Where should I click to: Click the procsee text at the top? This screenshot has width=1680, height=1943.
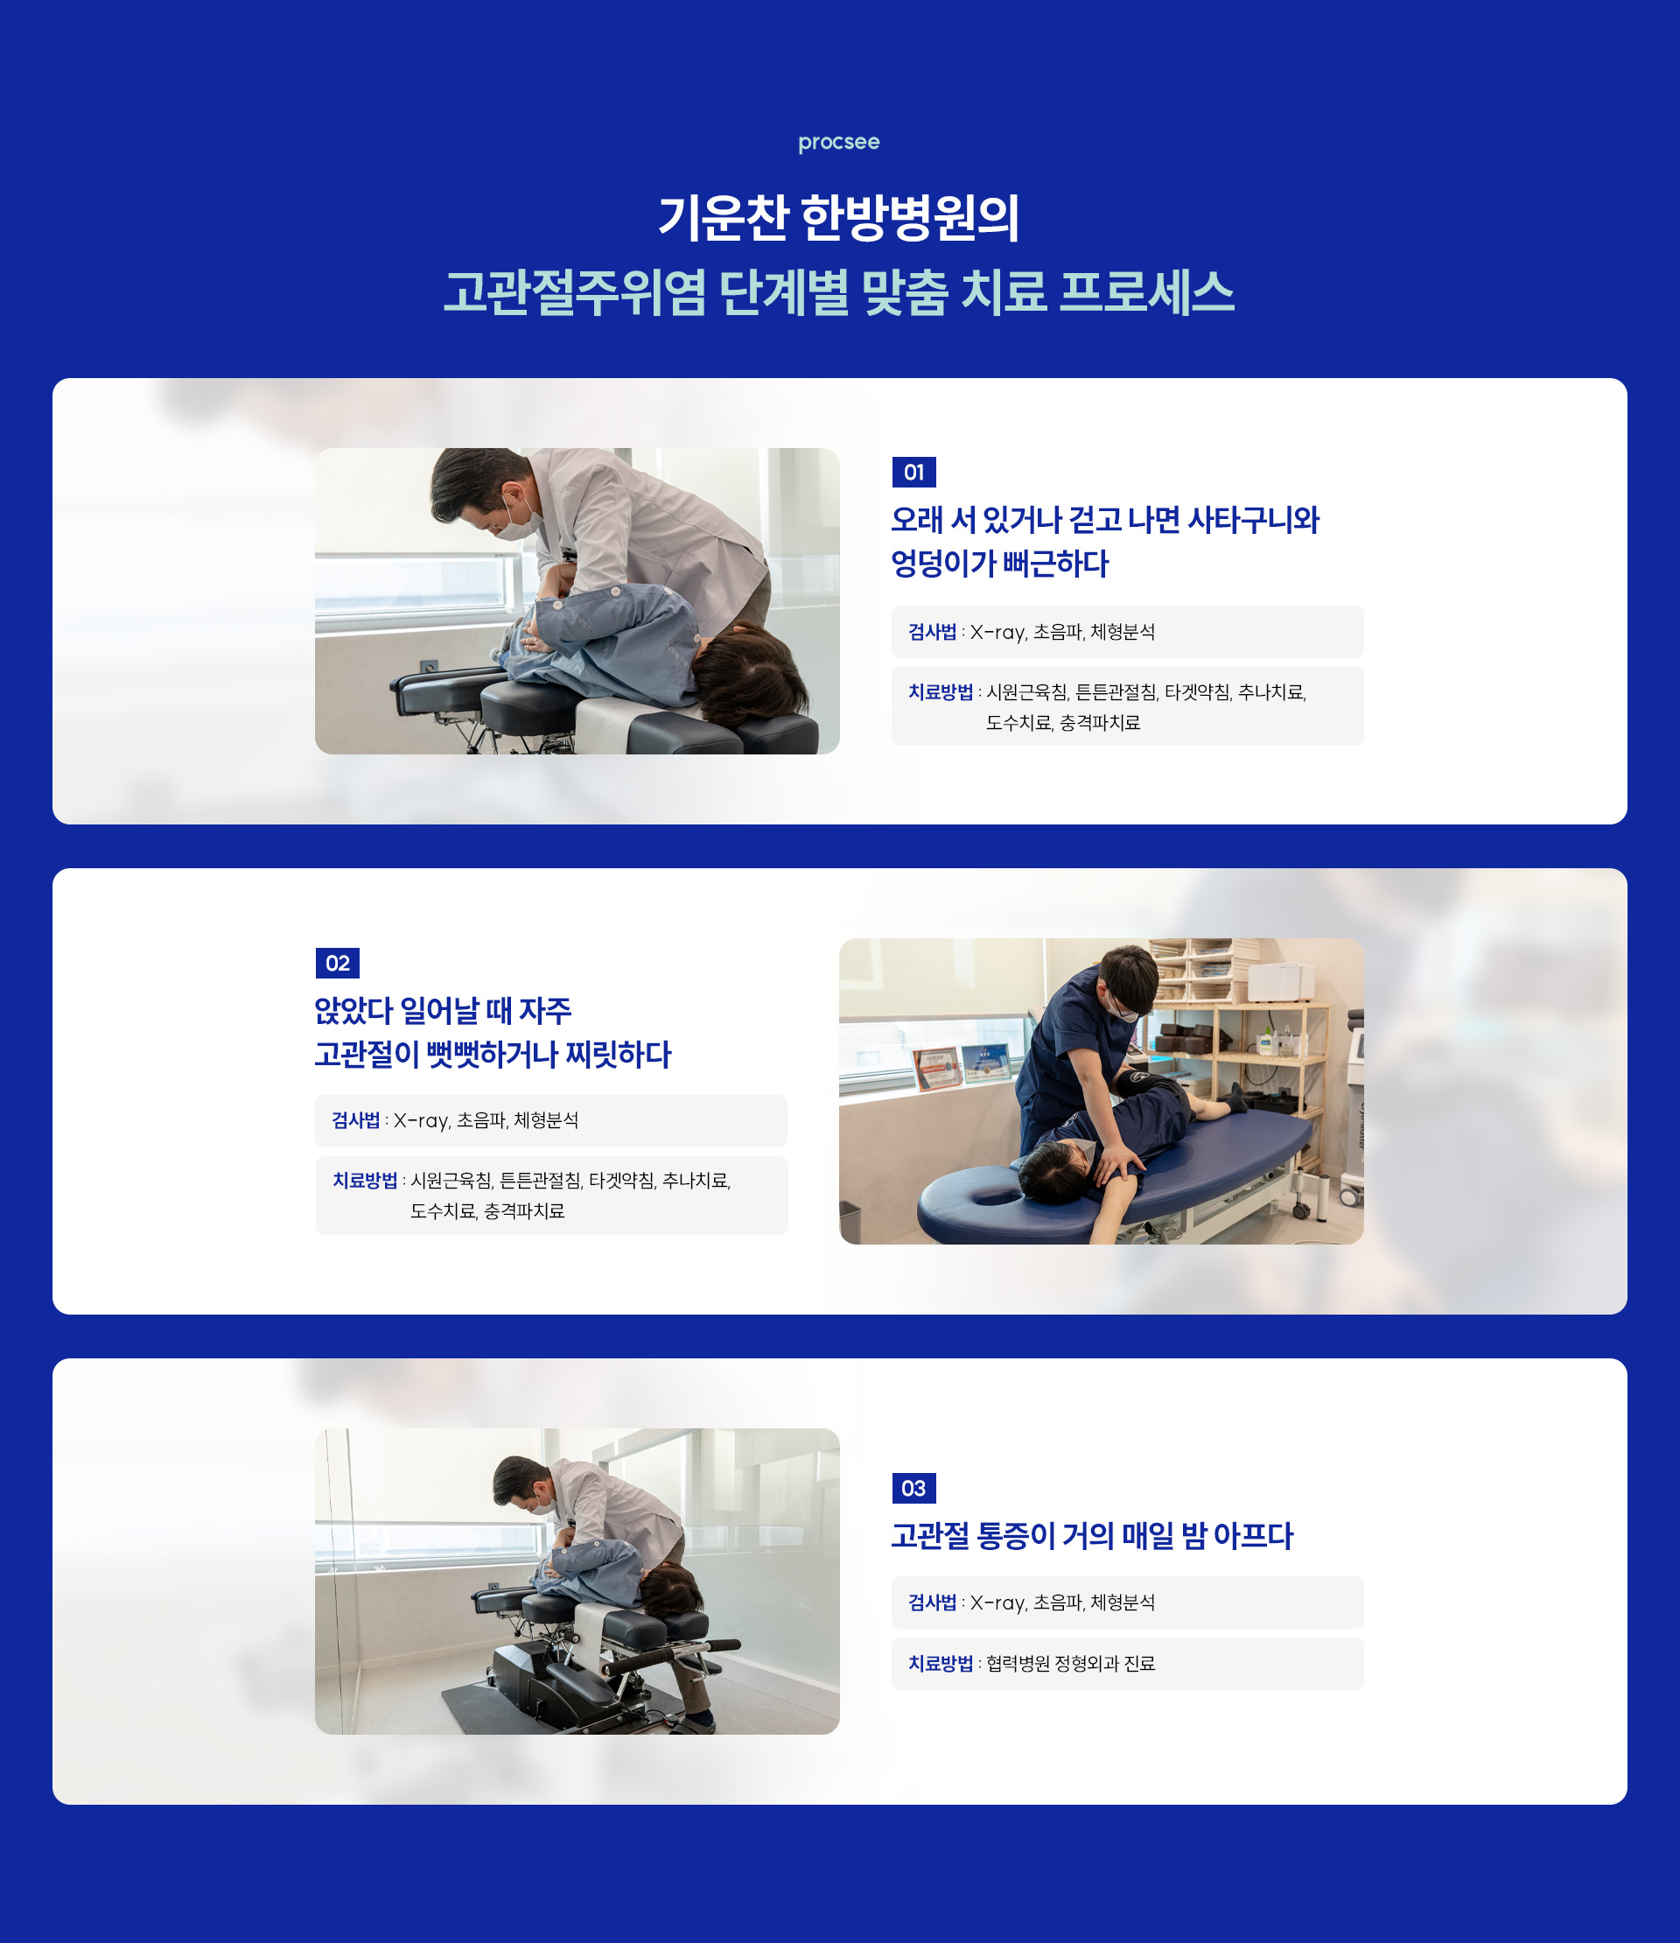tap(838, 143)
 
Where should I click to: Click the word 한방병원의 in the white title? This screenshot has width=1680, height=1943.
tap(909, 219)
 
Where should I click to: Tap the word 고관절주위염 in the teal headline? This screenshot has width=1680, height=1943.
tap(574, 292)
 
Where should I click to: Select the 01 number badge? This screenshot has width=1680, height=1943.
tap(913, 473)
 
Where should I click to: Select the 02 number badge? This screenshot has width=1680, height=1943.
tap(337, 963)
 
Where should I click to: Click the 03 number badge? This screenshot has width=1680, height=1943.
tap(913, 1488)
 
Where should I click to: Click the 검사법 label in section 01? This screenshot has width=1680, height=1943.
tap(931, 632)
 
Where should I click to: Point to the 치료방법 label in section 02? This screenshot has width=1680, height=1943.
tap(365, 1181)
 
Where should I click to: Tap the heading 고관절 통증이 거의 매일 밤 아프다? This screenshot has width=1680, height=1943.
tap(1091, 1536)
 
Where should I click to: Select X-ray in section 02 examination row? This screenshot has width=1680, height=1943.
tap(421, 1120)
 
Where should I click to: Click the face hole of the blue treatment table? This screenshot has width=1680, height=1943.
tap(993, 1196)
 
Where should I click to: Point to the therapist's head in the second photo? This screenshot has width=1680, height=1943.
tap(1130, 979)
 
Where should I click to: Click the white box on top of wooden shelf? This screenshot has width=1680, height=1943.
tap(1281, 982)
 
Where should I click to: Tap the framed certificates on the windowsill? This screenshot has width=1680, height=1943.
tap(961, 1066)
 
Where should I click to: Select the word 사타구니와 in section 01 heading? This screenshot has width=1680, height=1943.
tap(1252, 521)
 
